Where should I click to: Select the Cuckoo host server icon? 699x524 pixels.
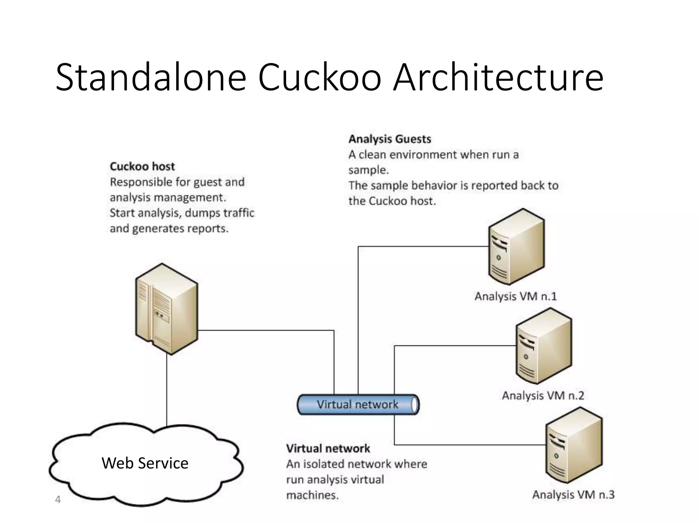(x=167, y=309)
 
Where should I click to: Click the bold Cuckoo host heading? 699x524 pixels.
(x=142, y=166)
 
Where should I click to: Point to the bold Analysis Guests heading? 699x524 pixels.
(x=389, y=139)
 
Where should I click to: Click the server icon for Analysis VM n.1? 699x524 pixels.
(x=516, y=247)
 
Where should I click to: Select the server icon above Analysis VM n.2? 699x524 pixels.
(x=544, y=346)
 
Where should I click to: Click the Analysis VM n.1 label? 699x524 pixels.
(x=515, y=296)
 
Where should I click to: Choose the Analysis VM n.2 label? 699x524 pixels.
(x=543, y=395)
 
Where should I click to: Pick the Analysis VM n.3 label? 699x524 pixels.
(x=573, y=494)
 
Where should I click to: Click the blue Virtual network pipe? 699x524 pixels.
(x=358, y=405)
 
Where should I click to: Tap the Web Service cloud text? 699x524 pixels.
(x=145, y=463)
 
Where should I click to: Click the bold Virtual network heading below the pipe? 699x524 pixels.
(x=328, y=448)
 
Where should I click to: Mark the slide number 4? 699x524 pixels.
(x=58, y=500)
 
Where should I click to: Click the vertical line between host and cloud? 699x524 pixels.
(x=167, y=391)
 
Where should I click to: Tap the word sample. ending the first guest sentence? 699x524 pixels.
(x=368, y=170)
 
